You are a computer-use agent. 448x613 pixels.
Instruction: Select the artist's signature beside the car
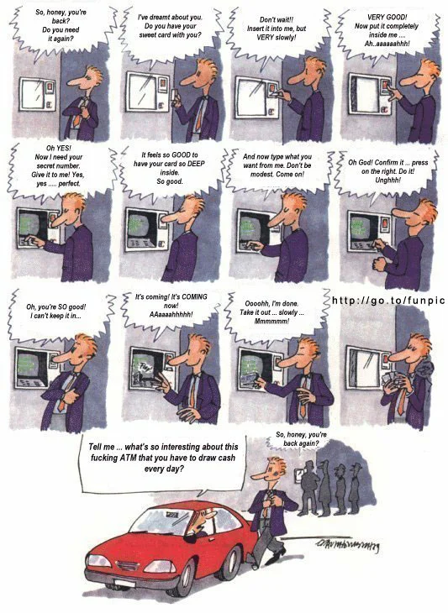(x=346, y=544)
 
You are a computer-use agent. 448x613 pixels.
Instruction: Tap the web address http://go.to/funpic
(x=388, y=301)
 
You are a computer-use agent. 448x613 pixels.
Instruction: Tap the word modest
(x=261, y=174)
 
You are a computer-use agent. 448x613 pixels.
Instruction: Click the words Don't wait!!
(x=277, y=19)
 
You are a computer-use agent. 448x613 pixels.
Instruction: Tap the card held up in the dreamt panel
(x=174, y=95)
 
